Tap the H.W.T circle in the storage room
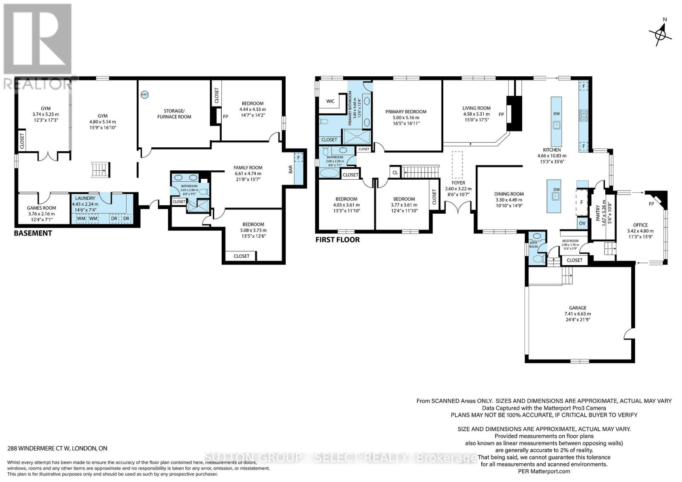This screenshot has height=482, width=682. pyautogui.click(x=144, y=95)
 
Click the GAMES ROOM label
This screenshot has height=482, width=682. pyautogui.click(x=41, y=208)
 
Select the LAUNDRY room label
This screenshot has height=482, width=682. pyautogui.click(x=85, y=198)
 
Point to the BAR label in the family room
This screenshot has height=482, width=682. pyautogui.click(x=291, y=169)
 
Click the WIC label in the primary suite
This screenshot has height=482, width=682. pyautogui.click(x=330, y=101)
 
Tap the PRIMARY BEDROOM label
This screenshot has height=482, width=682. pyautogui.click(x=406, y=112)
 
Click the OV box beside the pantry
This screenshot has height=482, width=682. pyautogui.click(x=582, y=223)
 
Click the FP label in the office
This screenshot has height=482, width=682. pyautogui.click(x=651, y=204)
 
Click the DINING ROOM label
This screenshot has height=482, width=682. pyautogui.click(x=509, y=194)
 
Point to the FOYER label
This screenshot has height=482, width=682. pyautogui.click(x=458, y=183)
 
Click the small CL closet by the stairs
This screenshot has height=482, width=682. pyautogui.click(x=395, y=172)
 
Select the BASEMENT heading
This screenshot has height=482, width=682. pyautogui.click(x=33, y=233)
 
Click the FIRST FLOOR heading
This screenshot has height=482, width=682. pyautogui.click(x=337, y=240)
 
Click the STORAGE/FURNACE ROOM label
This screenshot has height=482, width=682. pyautogui.click(x=174, y=114)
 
